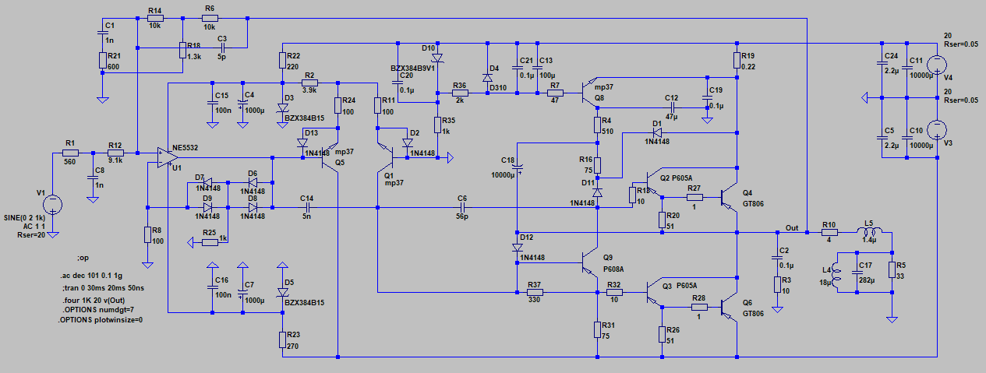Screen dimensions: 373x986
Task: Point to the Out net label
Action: pos(791,227)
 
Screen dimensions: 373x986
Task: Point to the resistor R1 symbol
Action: pos(71,154)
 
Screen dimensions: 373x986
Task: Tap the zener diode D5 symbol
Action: pos(282,292)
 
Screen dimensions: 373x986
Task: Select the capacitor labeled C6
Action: pos(462,208)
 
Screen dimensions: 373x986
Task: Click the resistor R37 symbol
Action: pos(534,293)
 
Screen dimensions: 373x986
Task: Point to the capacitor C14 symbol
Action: pos(308,208)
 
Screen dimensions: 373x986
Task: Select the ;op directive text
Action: pos(83,258)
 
